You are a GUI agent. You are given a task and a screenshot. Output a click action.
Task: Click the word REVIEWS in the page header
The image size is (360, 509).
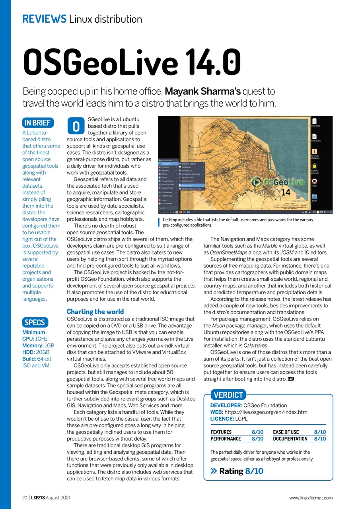click(44, 19)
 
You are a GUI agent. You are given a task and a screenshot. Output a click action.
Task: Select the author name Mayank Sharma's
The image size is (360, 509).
click(202, 91)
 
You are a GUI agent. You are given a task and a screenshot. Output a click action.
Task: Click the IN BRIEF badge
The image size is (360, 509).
click(38, 123)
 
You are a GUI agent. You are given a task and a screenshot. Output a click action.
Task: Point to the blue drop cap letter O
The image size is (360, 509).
click(76, 126)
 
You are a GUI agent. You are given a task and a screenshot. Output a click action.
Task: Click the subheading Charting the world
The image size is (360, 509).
click(95, 311)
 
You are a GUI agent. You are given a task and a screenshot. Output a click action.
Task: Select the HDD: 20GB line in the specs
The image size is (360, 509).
click(36, 352)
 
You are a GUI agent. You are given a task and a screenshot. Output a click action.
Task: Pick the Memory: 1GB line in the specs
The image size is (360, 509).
click(38, 345)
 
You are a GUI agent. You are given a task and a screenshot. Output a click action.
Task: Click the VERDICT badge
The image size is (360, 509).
click(228, 395)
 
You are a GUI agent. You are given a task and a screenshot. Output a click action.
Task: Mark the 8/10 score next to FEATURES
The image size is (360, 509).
click(257, 432)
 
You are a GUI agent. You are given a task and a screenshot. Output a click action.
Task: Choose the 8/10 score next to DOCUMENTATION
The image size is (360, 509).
click(320, 439)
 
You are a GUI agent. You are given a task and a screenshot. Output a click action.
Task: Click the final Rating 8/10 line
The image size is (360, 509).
click(237, 471)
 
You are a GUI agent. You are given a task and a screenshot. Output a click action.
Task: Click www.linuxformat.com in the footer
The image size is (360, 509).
click(311, 497)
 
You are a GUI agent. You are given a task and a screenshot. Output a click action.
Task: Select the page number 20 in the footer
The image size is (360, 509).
click(25, 497)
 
